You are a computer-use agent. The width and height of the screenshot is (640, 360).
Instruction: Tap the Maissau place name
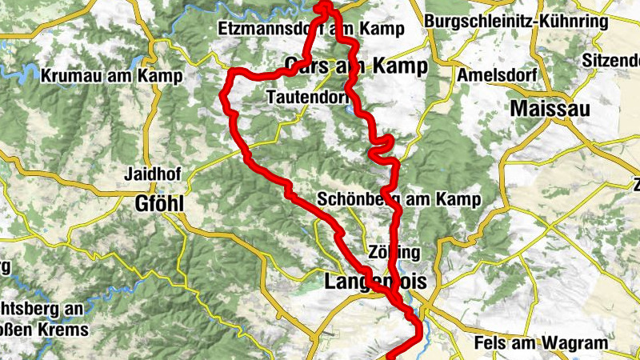pos(552,107)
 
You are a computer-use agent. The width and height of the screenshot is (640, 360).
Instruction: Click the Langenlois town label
pos(376,282)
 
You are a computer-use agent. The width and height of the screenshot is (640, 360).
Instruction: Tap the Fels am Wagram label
pos(552,343)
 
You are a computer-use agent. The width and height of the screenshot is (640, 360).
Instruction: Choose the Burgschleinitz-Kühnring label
pos(517,22)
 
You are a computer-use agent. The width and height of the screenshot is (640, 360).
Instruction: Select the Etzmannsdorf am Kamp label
pos(311,30)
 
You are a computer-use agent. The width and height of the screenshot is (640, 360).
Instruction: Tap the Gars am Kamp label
pos(356,66)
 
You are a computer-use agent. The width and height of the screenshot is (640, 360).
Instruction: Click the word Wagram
pos(580,343)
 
